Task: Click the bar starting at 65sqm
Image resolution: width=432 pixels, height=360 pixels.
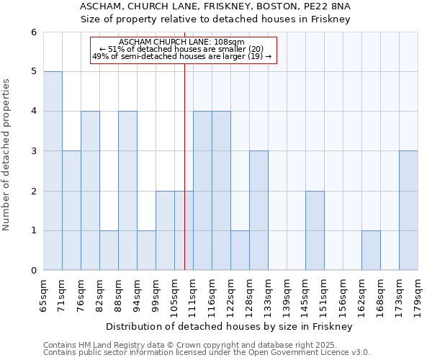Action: (53, 171)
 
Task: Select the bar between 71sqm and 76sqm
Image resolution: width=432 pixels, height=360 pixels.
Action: (71, 210)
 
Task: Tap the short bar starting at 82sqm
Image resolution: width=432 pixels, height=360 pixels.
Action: (109, 251)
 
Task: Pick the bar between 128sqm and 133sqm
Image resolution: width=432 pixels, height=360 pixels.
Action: (258, 210)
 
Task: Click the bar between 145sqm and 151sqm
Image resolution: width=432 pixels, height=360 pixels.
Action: (315, 230)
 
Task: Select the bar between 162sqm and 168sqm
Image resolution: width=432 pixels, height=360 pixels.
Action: (371, 251)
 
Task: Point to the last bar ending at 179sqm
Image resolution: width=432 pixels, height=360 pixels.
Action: (408, 210)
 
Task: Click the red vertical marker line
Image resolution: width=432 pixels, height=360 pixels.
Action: (185, 180)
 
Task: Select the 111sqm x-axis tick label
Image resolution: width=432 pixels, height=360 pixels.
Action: (194, 295)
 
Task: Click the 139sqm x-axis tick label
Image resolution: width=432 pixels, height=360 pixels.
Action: (287, 295)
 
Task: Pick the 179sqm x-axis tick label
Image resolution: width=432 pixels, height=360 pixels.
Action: (418, 295)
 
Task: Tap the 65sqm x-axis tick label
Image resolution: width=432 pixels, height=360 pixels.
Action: (44, 295)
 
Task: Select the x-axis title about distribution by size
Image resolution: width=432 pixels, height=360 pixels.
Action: (230, 326)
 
